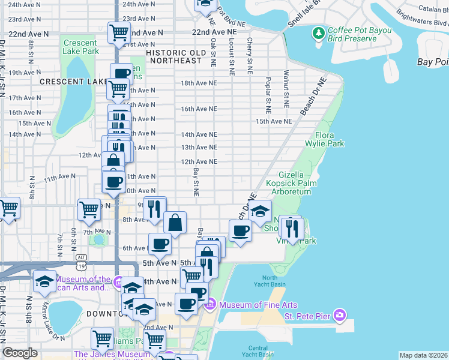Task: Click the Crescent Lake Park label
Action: point(80,47)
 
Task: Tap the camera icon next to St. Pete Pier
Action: point(340,315)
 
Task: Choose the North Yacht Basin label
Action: point(278,280)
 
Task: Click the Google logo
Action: point(20,353)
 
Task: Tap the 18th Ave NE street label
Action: point(199,83)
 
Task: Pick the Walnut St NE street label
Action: point(286,91)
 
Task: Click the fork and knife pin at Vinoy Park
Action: point(292,228)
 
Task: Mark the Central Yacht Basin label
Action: point(258,350)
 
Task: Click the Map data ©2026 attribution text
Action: point(423,355)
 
